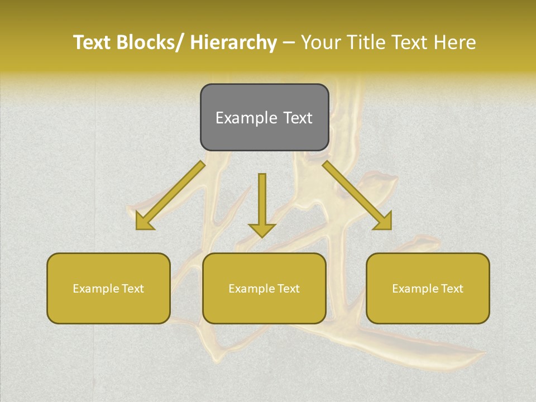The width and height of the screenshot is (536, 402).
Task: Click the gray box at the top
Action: [x=264, y=117]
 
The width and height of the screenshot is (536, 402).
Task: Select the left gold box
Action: [x=108, y=288]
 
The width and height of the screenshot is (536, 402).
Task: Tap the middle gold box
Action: [x=264, y=288]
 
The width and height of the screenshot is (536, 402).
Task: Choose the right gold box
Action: [x=428, y=288]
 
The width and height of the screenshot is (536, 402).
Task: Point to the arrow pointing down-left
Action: [x=170, y=195]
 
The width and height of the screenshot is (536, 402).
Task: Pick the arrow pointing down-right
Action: [x=357, y=195]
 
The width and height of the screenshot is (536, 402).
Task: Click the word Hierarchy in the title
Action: [x=233, y=42]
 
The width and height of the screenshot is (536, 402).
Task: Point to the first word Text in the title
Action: [x=92, y=42]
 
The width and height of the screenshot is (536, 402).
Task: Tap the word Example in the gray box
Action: [x=246, y=118]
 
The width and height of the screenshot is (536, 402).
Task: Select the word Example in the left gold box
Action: [x=96, y=289]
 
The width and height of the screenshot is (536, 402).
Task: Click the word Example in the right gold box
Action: [x=415, y=289]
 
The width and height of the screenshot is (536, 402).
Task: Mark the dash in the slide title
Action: [x=289, y=43]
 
